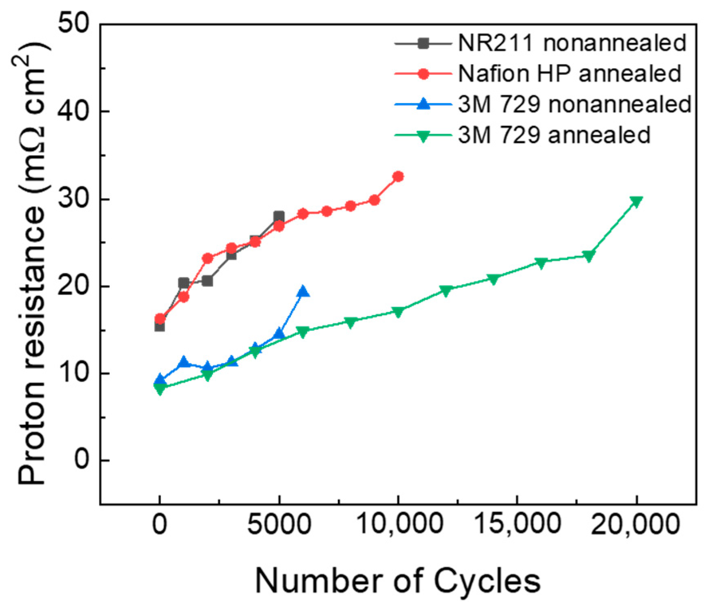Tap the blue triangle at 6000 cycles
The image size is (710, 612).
303,292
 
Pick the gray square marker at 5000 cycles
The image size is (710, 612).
279,216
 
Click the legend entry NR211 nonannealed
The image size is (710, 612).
572,43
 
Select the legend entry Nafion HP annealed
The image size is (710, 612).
569,74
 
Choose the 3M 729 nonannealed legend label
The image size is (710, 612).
574,104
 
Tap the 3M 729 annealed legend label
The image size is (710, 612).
554,135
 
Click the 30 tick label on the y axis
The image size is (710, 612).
75,199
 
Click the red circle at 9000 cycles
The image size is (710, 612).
374,200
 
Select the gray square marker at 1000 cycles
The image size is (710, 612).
184,283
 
